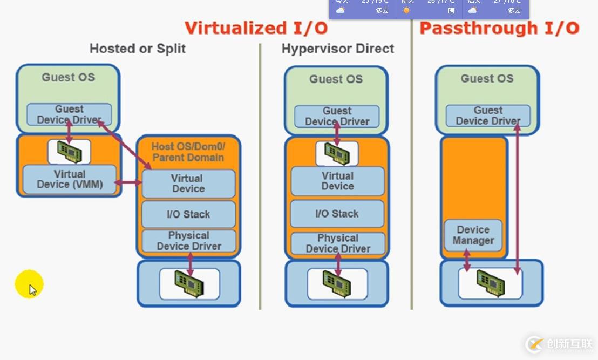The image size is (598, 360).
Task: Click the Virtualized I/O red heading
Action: pyautogui.click(x=256, y=28)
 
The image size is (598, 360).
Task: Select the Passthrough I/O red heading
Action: pyautogui.click(x=499, y=28)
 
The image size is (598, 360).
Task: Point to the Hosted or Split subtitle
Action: pyautogui.click(x=138, y=49)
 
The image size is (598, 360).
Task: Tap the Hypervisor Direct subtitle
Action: pyautogui.click(x=338, y=49)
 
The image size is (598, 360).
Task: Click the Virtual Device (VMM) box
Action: pyautogui.click(x=70, y=180)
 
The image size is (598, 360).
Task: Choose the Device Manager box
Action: pyautogui.click(x=473, y=235)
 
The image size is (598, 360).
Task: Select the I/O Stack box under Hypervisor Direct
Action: pyautogui.click(x=337, y=214)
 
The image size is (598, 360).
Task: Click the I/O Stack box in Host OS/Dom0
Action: pyautogui.click(x=188, y=214)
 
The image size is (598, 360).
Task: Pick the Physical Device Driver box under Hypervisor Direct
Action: pyautogui.click(x=338, y=243)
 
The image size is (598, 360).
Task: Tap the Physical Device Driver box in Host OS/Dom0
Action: pyautogui.click(x=189, y=241)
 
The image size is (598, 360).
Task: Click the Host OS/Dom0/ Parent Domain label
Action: pyautogui.click(x=188, y=152)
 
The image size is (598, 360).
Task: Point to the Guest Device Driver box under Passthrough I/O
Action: pyautogui.click(x=488, y=116)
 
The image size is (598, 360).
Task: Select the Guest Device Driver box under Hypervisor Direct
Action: pyautogui.click(x=337, y=116)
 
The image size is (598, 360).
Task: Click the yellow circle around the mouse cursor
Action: pyautogui.click(x=29, y=284)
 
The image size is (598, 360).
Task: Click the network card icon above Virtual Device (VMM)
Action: pyautogui.click(x=69, y=152)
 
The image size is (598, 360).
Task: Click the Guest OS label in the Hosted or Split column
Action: pyautogui.click(x=69, y=77)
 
